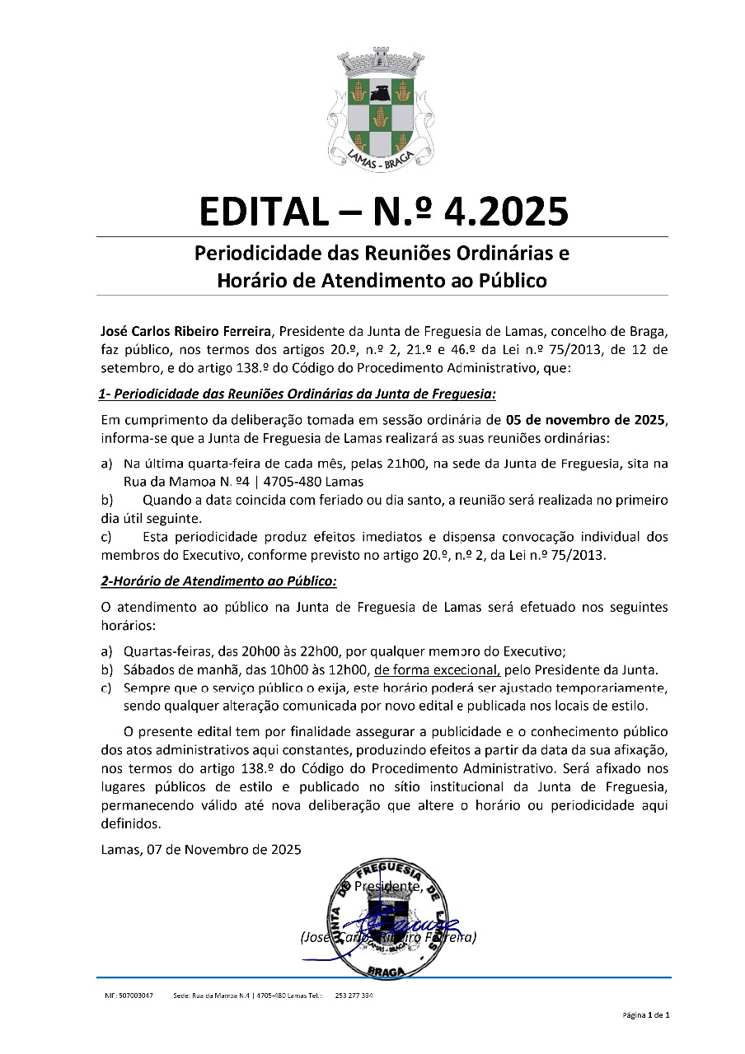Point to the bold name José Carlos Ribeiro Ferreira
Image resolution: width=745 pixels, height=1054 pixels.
pyautogui.click(x=186, y=332)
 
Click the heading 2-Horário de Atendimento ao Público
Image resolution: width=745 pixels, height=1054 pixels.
pyautogui.click(x=218, y=581)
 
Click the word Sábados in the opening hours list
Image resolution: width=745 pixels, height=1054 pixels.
pyautogui.click(x=146, y=669)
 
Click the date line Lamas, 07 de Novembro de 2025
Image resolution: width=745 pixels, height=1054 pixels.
pyautogui.click(x=200, y=849)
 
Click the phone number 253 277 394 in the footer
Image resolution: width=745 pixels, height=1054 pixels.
pyautogui.click(x=354, y=996)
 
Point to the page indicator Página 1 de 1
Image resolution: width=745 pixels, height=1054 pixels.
pyautogui.click(x=646, y=1015)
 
